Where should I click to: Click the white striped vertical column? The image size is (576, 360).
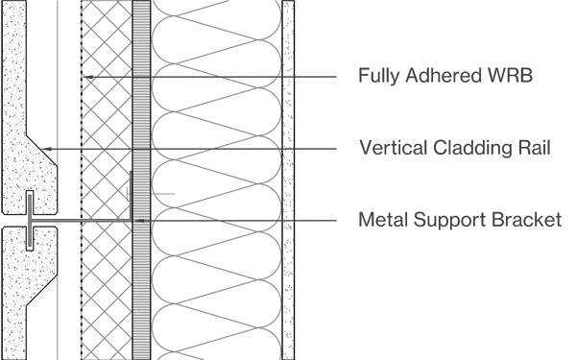click(x=141, y=288)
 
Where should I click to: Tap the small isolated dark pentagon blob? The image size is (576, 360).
click(x=171, y=187)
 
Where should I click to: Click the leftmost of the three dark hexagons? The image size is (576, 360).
click(x=91, y=73)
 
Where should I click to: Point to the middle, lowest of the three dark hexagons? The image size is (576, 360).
click(x=105, y=80)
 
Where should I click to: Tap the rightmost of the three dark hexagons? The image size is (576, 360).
click(x=118, y=73)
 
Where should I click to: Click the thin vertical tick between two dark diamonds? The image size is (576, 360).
click(x=105, y=143)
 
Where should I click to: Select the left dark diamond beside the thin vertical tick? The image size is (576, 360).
click(x=92, y=149)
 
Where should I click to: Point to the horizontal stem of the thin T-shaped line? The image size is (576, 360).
click(x=58, y=221)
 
